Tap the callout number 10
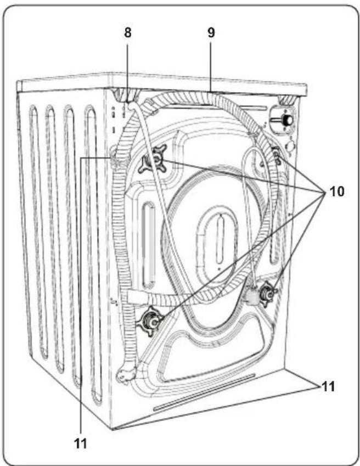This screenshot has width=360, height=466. point(337,192)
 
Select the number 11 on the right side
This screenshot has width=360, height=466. point(328,386)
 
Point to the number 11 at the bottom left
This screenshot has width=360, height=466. point(81,443)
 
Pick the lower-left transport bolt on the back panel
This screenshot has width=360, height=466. point(149,321)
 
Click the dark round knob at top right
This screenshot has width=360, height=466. point(286,120)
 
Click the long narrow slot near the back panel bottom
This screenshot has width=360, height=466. point(204,392)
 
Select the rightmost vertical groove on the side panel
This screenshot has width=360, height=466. point(93,252)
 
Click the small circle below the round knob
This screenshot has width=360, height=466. point(290,147)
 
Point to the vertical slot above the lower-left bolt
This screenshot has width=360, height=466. point(149,245)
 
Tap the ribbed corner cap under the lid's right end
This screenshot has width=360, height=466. point(286,100)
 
